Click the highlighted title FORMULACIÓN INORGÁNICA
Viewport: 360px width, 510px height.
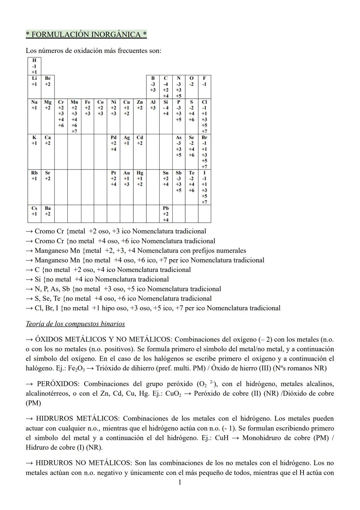[x=86, y=34]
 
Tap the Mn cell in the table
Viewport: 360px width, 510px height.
[x=74, y=116]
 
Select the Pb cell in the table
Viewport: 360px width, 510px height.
[x=166, y=214]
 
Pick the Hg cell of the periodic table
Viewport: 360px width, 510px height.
[x=140, y=178]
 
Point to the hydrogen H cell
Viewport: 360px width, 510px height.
[x=34, y=66]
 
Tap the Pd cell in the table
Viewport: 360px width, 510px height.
[x=113, y=143]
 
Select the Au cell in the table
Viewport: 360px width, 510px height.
[x=127, y=178]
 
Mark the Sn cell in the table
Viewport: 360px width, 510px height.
[x=166, y=178]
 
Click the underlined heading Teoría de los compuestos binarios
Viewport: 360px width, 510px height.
[x=75, y=324]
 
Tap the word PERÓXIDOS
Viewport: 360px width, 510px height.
[x=58, y=384]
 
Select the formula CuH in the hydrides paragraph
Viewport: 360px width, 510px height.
[x=222, y=438]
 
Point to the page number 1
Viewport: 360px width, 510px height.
[x=180, y=482]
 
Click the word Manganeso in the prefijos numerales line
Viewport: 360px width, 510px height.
[x=52, y=251]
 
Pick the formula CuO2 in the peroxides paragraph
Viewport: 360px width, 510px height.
[x=173, y=394]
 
